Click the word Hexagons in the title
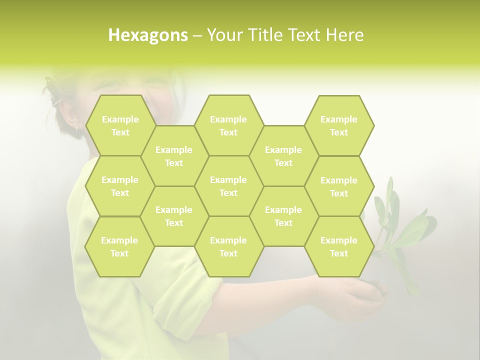(x=148, y=35)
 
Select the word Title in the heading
(x=269, y=35)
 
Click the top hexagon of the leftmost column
(x=120, y=125)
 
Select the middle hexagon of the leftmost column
(x=120, y=186)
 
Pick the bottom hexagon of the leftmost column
(x=119, y=246)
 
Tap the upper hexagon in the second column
(x=174, y=156)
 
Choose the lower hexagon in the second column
(x=174, y=216)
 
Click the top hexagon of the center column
(x=228, y=125)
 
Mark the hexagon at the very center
(x=228, y=186)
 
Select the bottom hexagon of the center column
(x=228, y=246)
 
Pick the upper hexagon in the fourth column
(x=283, y=156)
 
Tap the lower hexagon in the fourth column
(x=283, y=216)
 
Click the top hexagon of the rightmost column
(x=339, y=125)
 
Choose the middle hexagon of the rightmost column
(x=339, y=186)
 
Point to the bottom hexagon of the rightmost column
(x=339, y=246)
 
